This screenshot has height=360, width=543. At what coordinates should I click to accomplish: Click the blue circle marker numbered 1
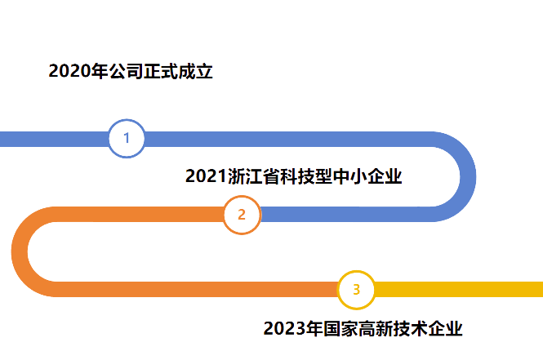(x=127, y=139)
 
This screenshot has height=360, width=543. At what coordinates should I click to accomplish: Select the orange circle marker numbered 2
(x=242, y=215)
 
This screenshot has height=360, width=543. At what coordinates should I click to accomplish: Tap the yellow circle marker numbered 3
(x=356, y=290)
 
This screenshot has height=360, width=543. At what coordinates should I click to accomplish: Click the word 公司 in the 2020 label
(x=126, y=71)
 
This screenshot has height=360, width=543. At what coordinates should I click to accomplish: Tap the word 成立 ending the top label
(x=196, y=71)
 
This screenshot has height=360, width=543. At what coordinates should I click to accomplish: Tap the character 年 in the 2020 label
(x=99, y=71)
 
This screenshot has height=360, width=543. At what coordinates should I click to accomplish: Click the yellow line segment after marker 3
(x=457, y=290)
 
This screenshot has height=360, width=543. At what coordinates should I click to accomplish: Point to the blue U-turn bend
(x=466, y=176)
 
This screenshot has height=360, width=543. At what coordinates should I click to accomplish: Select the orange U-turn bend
(x=20, y=252)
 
